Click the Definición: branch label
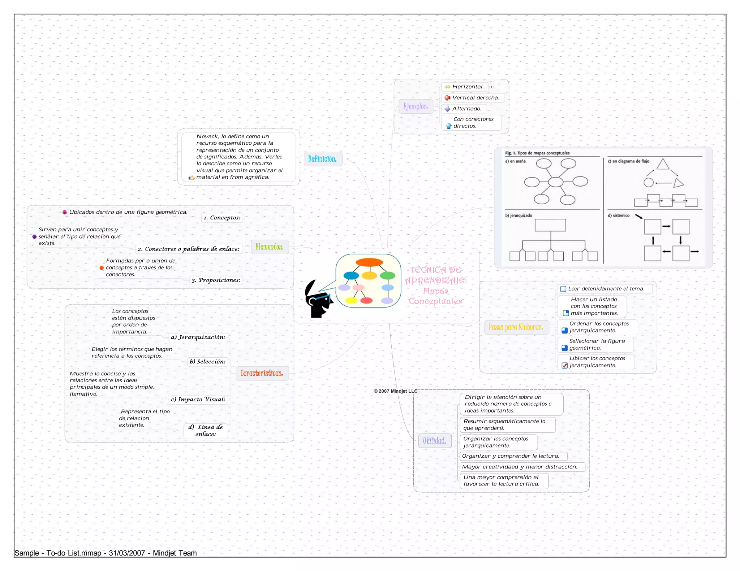(322, 159)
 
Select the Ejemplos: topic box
(416, 106)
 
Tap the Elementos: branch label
(269, 247)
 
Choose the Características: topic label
(262, 373)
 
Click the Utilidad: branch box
(434, 441)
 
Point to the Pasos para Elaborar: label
(516, 327)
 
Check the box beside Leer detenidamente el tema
(563, 289)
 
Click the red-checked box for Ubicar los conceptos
(564, 366)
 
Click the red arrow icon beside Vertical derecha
(447, 98)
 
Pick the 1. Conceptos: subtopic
(222, 218)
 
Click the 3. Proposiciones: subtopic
(216, 280)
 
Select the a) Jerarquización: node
(198, 337)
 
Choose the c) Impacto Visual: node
(198, 399)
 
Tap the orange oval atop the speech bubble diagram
(369, 262)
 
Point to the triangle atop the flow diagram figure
(662, 164)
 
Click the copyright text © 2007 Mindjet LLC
(395, 391)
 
